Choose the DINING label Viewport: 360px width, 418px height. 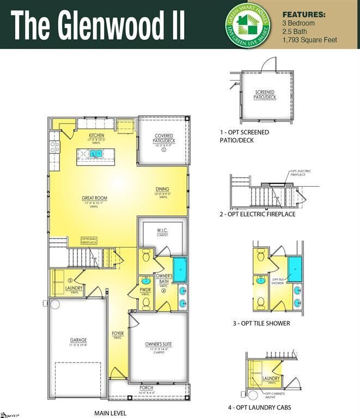(x=162, y=191)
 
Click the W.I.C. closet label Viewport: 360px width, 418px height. (x=162, y=231)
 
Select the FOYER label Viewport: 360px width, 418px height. (x=118, y=335)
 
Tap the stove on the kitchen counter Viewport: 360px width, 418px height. (x=54, y=146)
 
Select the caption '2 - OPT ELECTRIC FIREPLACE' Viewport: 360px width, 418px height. (x=257, y=214)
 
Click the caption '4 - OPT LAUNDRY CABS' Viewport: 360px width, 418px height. (x=259, y=407)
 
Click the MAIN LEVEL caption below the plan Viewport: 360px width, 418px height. (x=111, y=413)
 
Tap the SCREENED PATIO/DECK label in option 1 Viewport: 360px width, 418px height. (x=265, y=95)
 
